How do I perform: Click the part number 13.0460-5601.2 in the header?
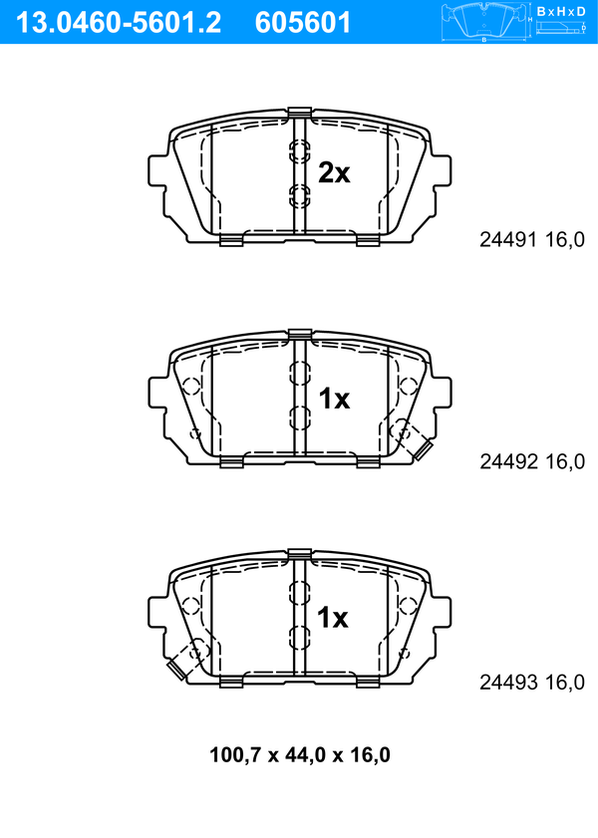pos(118,23)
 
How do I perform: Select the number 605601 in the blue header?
pos(303,23)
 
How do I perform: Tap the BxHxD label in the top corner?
pos(560,11)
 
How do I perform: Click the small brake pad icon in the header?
pos(484,22)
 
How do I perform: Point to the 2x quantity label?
pos(334,172)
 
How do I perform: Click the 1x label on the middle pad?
pos(334,399)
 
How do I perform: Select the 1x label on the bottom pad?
pos(333,618)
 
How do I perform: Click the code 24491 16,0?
pos(532,240)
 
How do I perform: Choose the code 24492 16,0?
pos(532,461)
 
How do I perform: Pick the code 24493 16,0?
pos(532,683)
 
